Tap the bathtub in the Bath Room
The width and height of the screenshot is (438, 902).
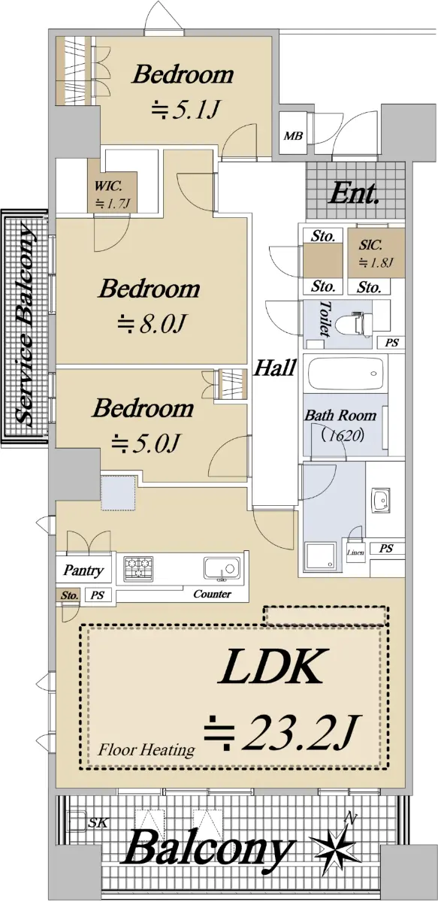(346, 374)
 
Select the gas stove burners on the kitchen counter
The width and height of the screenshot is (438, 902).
(138, 568)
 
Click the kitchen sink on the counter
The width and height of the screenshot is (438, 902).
(222, 568)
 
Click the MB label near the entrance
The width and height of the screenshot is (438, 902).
(294, 136)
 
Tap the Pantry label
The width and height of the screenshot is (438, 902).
(83, 571)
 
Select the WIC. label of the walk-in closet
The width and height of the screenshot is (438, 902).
(108, 186)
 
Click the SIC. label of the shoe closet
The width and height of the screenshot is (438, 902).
(370, 244)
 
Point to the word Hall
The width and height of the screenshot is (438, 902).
(274, 368)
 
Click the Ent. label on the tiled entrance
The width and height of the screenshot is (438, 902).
(353, 194)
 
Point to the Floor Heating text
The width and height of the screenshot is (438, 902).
(147, 750)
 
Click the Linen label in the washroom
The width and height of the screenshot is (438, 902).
(356, 552)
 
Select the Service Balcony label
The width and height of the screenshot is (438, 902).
(25, 324)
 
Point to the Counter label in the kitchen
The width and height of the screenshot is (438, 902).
(212, 594)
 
